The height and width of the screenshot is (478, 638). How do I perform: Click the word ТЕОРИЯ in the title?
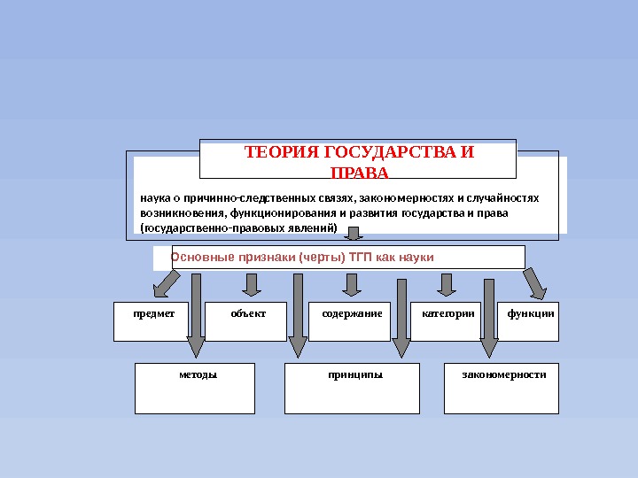pyautogui.click(x=274, y=152)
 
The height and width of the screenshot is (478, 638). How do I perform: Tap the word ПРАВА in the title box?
pyautogui.click(x=358, y=171)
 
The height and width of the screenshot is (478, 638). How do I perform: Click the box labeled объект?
pyautogui.click(x=246, y=321)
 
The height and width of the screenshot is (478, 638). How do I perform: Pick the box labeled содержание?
pyautogui.click(x=352, y=321)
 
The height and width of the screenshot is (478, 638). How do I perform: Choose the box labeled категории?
pyautogui.click(x=443, y=321)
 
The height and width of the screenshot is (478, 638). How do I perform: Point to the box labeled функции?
pyautogui.click(x=529, y=321)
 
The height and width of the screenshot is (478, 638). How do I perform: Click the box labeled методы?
pyautogui.click(x=195, y=388)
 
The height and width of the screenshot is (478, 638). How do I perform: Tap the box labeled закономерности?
pyautogui.click(x=502, y=388)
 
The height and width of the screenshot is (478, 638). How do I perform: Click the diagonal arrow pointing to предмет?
pyautogui.click(x=166, y=284)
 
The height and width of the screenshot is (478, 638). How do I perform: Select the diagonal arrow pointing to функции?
pyautogui.click(x=535, y=284)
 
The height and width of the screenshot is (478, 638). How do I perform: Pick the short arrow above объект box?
pyautogui.click(x=252, y=283)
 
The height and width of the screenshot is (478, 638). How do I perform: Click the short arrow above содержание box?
pyautogui.click(x=352, y=283)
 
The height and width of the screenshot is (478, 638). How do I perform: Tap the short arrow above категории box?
pyautogui.click(x=446, y=283)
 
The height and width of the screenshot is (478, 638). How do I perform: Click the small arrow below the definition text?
pyautogui.click(x=354, y=234)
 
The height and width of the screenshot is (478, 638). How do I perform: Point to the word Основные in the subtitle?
pyautogui.click(x=199, y=258)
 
